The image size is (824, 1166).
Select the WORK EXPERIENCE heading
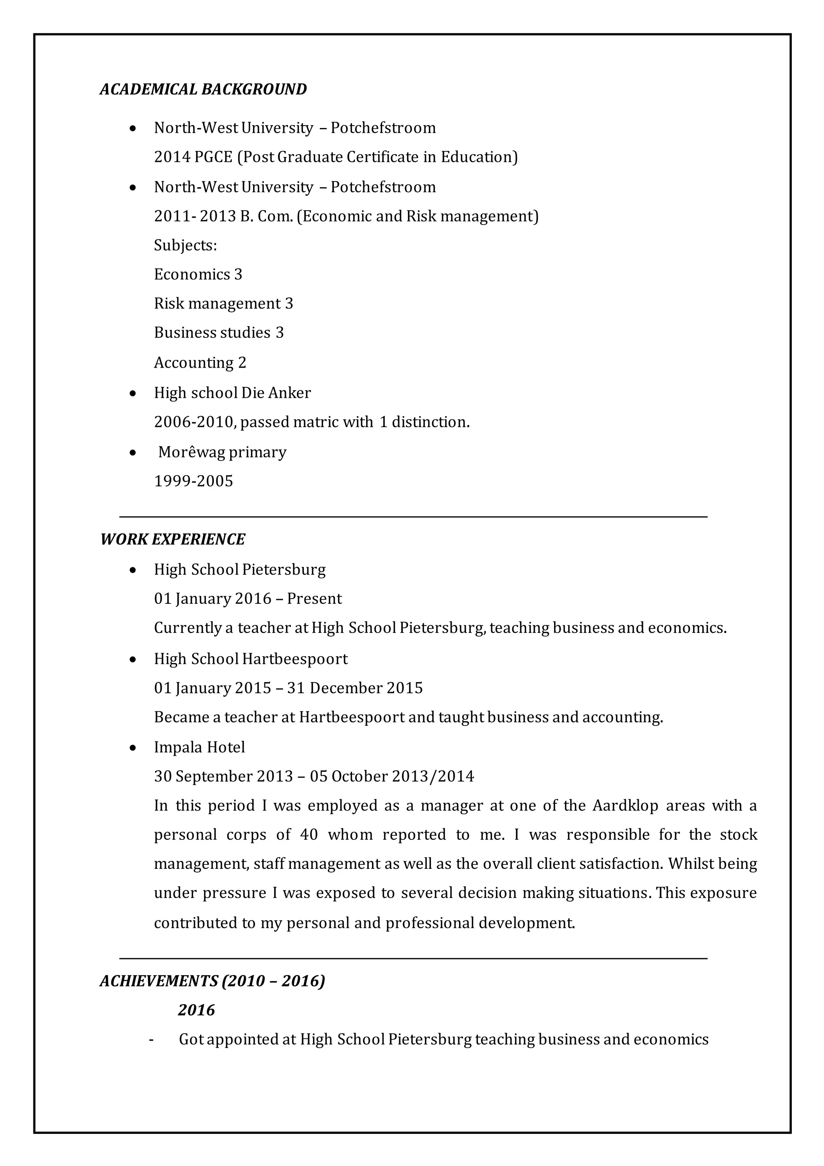pyautogui.click(x=173, y=540)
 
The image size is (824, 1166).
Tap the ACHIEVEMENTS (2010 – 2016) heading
pyautogui.click(x=212, y=981)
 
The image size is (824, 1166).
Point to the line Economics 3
pyautogui.click(x=198, y=275)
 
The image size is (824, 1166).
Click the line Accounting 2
pyautogui.click(x=200, y=363)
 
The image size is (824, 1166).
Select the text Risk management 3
pyautogui.click(x=223, y=304)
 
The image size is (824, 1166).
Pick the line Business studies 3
pyautogui.click(x=219, y=333)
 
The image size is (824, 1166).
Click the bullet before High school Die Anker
pyautogui.click(x=133, y=393)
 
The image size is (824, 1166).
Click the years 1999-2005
pyautogui.click(x=193, y=481)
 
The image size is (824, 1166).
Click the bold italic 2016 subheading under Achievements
pyautogui.click(x=196, y=1010)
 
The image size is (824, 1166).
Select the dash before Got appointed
pyautogui.click(x=151, y=1040)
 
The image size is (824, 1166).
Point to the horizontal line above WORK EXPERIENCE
pyautogui.click(x=413, y=517)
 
